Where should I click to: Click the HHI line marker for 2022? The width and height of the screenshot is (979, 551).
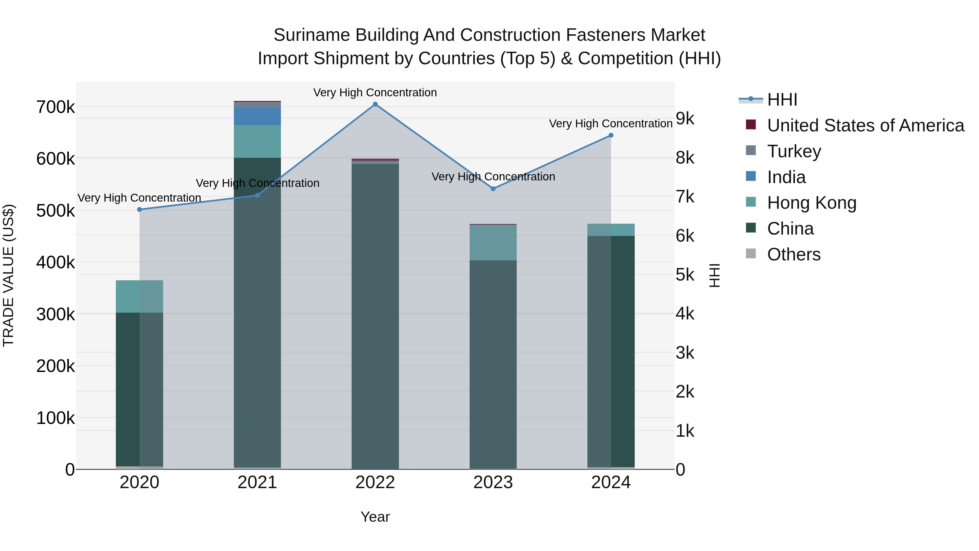click(375, 104)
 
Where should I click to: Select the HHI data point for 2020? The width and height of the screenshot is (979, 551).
click(140, 210)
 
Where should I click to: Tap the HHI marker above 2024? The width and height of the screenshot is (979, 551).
click(611, 136)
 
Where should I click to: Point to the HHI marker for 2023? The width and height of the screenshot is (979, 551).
click(493, 189)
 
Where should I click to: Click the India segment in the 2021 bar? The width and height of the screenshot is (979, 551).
click(257, 116)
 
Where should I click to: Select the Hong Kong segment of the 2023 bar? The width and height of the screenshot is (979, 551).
click(493, 243)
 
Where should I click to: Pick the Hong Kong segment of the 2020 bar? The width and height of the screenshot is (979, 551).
click(140, 296)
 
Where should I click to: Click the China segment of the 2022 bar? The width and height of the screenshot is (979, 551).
click(375, 316)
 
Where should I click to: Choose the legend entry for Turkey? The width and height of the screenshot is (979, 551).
click(794, 151)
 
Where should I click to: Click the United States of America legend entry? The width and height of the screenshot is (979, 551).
click(865, 125)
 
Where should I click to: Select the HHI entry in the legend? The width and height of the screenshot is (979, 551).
click(782, 100)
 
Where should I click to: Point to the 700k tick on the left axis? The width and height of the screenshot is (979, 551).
click(55, 107)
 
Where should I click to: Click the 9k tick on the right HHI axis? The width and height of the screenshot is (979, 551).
click(685, 119)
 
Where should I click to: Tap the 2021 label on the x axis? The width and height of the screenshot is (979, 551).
click(257, 482)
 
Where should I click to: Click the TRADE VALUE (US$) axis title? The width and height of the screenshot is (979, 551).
click(8, 275)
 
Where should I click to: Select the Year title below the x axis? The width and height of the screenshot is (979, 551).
click(375, 517)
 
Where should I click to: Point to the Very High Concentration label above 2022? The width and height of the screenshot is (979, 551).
click(375, 93)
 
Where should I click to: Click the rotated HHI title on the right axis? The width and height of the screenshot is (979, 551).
click(714, 275)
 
